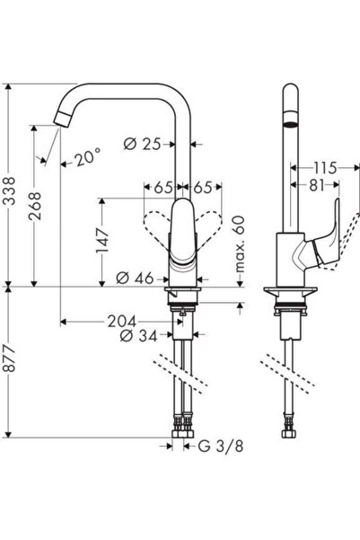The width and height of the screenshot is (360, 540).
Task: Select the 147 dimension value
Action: click(x=104, y=239)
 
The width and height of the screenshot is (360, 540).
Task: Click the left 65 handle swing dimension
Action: click(x=162, y=189)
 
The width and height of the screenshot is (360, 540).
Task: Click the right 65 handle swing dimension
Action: click(x=204, y=189)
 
